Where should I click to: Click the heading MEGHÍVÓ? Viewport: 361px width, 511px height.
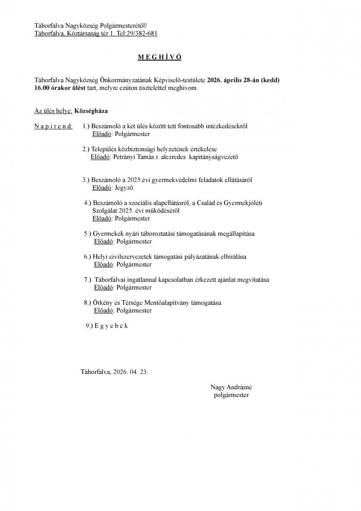pyautogui.click(x=159, y=57)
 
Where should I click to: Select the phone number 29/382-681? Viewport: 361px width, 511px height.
pyautogui.click(x=142, y=34)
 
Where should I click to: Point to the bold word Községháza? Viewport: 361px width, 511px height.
pyautogui.click(x=91, y=111)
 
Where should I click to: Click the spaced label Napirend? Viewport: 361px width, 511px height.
pyautogui.click(x=53, y=126)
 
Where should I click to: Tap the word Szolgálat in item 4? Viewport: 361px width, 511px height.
pyautogui.click(x=105, y=210)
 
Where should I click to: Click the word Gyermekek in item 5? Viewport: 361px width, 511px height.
pyautogui.click(x=106, y=234)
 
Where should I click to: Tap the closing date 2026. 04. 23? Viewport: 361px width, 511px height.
pyautogui.click(x=131, y=372)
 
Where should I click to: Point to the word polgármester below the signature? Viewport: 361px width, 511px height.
pyautogui.click(x=231, y=395)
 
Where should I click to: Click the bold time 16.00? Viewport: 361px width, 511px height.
pyautogui.click(x=43, y=88)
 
